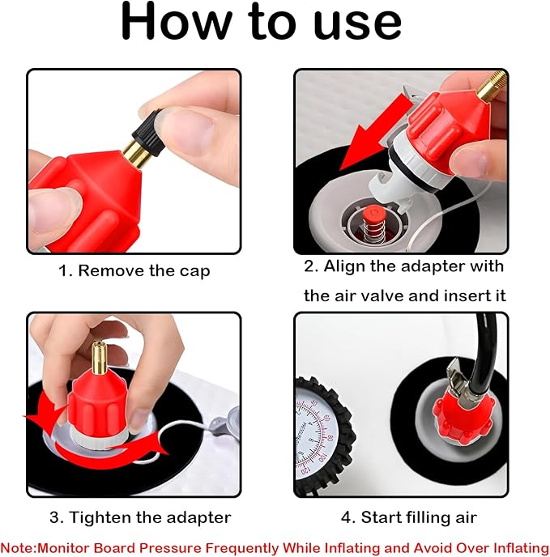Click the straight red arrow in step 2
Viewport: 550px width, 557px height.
pos(373,132)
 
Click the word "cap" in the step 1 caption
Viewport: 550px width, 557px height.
pos(194,272)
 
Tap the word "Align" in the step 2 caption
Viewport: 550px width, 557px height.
pos(344,267)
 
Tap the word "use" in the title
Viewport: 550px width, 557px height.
pos(358,23)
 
